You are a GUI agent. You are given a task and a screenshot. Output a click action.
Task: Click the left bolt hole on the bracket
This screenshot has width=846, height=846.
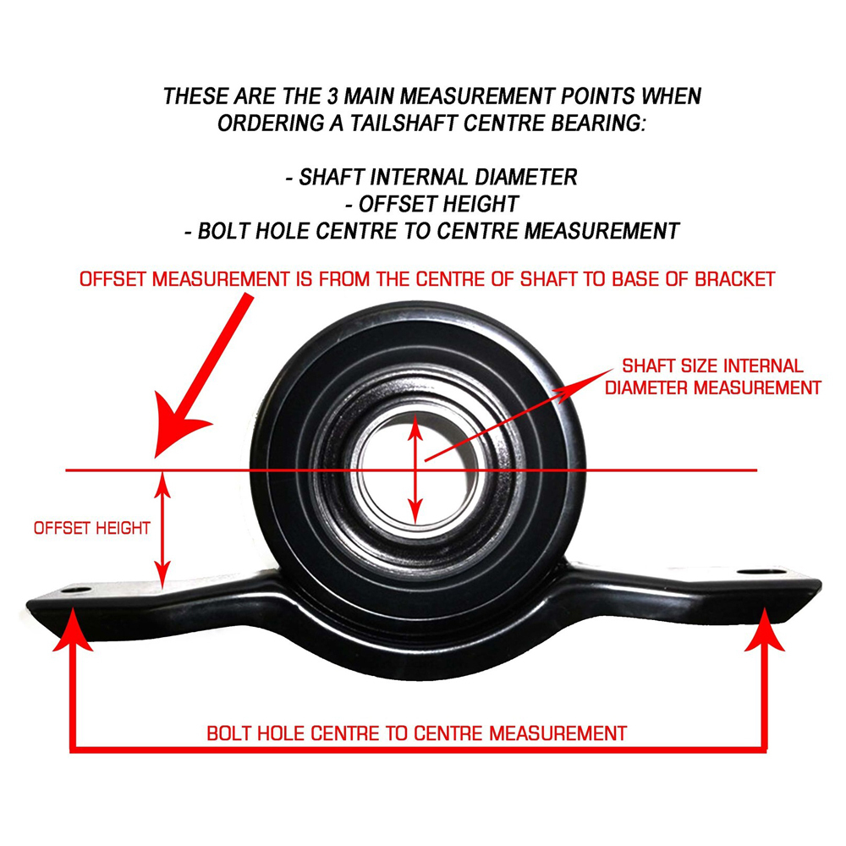tap(76, 590)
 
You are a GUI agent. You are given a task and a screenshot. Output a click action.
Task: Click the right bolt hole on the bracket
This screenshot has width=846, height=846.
tap(761, 571)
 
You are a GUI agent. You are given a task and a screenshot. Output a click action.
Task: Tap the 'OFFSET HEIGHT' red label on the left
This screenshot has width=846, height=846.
tap(91, 528)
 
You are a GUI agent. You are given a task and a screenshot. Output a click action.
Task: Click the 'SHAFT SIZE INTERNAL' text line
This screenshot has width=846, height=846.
tap(712, 365)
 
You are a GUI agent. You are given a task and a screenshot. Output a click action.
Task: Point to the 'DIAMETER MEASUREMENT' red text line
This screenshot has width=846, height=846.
tap(712, 387)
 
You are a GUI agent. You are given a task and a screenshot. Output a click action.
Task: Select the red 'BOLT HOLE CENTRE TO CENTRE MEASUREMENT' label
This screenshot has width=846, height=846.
tap(416, 733)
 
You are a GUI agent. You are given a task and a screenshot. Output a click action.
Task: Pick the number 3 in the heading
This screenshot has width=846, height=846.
tap(332, 96)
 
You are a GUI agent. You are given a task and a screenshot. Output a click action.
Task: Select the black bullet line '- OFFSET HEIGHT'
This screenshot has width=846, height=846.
tap(431, 204)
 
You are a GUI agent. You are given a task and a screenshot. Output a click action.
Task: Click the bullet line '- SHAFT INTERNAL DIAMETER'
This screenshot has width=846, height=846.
tap(431, 177)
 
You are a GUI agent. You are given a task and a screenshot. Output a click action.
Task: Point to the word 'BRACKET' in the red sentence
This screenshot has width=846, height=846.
tap(735, 279)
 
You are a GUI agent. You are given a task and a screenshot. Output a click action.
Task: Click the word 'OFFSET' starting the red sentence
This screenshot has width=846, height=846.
tap(113, 279)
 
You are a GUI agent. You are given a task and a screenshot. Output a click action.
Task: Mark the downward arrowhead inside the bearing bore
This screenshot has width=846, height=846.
tap(415, 509)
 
